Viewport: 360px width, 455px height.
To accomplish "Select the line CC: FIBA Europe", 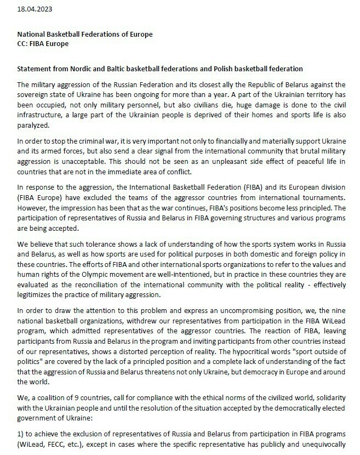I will (x=43, y=44).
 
